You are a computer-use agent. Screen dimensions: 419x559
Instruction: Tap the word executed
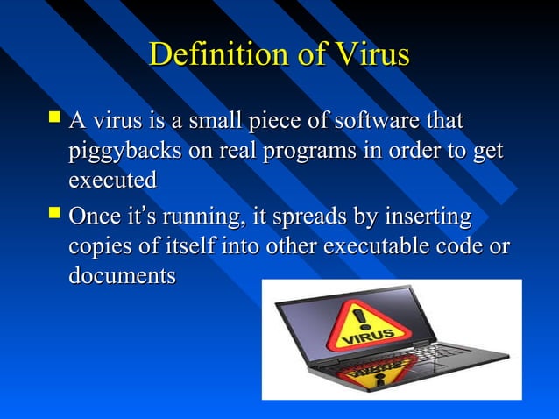pyautogui.click(x=112, y=181)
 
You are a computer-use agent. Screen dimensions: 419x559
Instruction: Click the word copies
pyautogui.click(x=99, y=246)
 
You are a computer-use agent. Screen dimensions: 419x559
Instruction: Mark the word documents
pyautogui.click(x=122, y=275)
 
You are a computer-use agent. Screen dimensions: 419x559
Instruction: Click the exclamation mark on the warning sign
pyautogui.click(x=360, y=315)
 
